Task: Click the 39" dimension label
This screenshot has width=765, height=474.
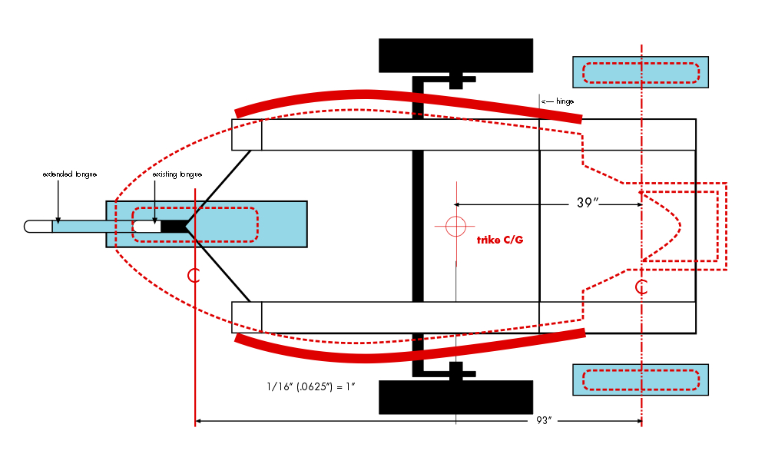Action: pyautogui.click(x=588, y=204)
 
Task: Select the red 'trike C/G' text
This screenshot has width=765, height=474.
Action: pyautogui.click(x=499, y=240)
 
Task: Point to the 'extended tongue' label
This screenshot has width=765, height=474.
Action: pyautogui.click(x=69, y=174)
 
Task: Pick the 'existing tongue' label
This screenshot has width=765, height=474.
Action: pyautogui.click(x=177, y=174)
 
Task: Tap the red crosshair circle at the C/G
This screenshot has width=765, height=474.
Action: pyautogui.click(x=455, y=226)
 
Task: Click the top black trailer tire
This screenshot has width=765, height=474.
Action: pyautogui.click(x=455, y=55)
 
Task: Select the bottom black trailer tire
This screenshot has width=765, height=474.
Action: pyautogui.click(x=455, y=396)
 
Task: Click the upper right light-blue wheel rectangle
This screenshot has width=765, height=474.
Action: pyautogui.click(x=641, y=72)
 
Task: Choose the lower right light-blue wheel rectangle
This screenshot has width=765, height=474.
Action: pyautogui.click(x=641, y=380)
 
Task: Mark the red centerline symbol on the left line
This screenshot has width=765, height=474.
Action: pyautogui.click(x=194, y=275)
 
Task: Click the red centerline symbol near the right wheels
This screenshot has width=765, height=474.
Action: pyautogui.click(x=641, y=288)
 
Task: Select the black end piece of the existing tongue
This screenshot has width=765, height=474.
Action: pyautogui.click(x=174, y=226)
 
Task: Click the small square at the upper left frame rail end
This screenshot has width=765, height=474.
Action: pyautogui.click(x=247, y=134)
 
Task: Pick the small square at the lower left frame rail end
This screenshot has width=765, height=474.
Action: pyautogui.click(x=247, y=317)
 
